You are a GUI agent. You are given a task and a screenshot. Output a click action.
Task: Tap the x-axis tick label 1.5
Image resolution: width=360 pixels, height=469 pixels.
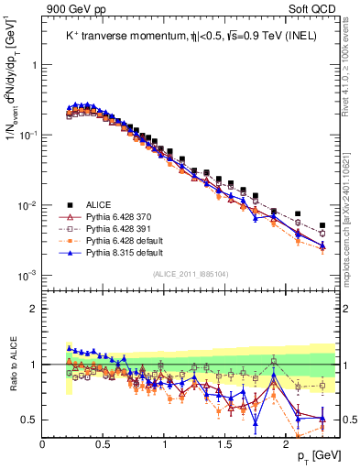tap(225, 443)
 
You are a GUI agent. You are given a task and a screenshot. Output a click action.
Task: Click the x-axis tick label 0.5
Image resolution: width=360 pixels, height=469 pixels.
tap(104, 443)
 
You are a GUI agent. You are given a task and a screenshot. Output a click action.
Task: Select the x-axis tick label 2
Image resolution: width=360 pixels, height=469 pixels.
tap(286, 443)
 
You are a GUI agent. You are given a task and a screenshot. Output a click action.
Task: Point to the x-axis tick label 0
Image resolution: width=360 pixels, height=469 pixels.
tap(42, 443)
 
